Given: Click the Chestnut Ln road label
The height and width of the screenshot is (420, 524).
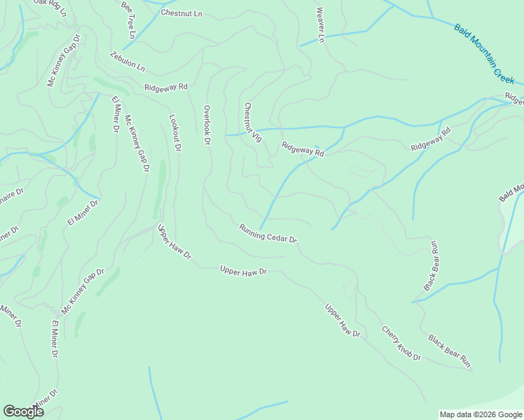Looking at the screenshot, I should point(181,13).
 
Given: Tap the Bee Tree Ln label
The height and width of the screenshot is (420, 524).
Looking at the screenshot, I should point(129,19).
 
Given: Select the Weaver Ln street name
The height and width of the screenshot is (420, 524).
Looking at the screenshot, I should point(320,26).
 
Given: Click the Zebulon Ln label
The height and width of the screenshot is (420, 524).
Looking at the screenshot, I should point(127,62).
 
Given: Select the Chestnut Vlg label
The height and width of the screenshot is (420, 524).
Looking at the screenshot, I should point(252,122).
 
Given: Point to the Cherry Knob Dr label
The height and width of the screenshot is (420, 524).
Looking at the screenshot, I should point(401,343).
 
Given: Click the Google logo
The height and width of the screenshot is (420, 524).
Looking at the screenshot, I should point(23,412).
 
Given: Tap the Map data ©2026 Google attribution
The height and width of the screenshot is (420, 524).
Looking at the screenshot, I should point(481,414).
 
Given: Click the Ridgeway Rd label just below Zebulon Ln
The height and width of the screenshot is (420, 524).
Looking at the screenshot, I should point(166,87).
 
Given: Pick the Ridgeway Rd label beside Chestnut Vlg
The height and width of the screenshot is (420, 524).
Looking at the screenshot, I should point(303,149).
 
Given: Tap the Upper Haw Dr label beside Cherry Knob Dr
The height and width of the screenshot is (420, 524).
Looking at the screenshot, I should point(342,320).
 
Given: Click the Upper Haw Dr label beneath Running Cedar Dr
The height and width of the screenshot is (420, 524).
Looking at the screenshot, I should point(243,271).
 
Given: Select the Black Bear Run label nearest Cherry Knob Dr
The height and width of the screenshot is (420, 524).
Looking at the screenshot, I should point(449,351).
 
